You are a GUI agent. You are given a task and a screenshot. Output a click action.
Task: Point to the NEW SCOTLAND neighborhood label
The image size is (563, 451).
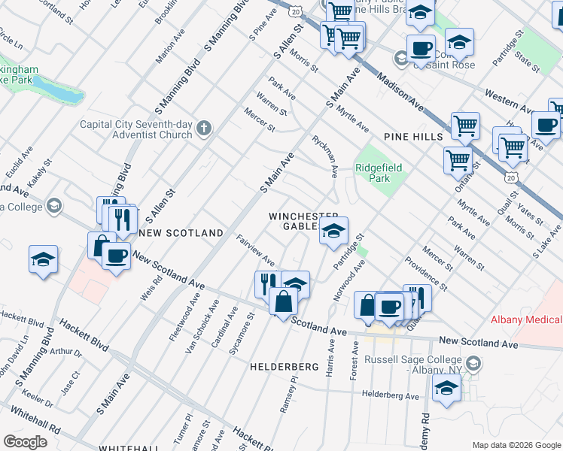point(181,233)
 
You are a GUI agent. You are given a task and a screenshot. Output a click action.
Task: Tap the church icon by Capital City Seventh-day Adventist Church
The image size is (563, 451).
point(202,129)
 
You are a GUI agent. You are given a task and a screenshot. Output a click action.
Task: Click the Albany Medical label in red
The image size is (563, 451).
point(526,319)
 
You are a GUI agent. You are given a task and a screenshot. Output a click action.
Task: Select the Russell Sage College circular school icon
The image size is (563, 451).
point(473,365)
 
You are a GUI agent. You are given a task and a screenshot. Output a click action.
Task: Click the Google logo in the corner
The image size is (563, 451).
point(25,441)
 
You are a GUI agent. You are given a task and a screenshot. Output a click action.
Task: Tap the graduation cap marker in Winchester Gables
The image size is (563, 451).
point(333,232)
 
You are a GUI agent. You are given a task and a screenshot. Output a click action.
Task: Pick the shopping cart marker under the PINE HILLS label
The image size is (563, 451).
point(458,159)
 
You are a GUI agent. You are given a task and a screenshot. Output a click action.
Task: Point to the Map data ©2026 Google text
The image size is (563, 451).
point(516,445)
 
